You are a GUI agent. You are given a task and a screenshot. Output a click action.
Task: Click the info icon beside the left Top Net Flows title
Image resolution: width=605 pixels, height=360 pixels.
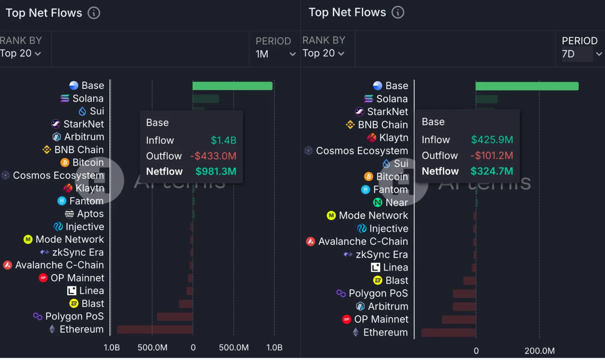point(93,13)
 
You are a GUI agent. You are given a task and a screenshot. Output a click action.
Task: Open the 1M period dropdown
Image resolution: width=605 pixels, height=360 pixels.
point(275,54)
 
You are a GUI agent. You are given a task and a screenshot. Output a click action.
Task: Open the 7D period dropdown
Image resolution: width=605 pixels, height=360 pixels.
point(581,54)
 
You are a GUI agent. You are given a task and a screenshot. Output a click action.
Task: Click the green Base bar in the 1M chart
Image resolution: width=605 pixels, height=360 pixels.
point(232,86)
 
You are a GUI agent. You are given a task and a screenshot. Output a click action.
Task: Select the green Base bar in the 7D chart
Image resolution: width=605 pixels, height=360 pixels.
point(527,86)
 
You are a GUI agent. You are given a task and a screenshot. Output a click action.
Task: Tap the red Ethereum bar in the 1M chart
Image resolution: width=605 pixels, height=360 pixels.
point(155,329)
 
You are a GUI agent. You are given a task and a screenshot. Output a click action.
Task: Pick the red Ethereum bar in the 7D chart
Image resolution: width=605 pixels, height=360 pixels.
point(448,332)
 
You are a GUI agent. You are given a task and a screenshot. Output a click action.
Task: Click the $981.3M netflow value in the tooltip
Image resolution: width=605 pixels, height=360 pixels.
point(216,171)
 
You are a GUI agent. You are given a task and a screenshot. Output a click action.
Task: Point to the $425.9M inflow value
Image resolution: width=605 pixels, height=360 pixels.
point(492,140)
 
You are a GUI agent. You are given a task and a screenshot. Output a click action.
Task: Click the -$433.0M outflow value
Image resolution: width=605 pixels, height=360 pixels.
point(213,156)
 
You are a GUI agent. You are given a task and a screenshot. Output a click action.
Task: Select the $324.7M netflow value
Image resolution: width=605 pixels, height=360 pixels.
point(492,171)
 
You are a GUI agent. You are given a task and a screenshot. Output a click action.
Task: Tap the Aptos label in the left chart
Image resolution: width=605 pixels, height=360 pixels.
point(90,214)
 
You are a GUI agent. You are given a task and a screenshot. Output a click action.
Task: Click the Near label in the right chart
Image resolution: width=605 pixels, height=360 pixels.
point(396,202)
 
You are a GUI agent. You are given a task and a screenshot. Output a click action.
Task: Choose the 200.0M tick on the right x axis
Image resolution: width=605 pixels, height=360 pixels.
point(539,351)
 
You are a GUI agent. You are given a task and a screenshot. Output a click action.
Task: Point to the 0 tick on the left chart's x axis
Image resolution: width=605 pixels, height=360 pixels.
point(193,347)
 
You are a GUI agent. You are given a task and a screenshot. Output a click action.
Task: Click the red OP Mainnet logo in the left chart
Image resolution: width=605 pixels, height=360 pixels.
point(43,278)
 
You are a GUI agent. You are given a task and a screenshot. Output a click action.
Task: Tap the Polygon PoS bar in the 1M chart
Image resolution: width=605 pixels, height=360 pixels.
point(175,317)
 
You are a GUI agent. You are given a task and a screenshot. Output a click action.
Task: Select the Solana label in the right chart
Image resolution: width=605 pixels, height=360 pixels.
point(392,99)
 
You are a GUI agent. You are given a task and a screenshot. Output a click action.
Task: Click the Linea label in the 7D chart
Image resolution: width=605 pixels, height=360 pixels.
point(395,267)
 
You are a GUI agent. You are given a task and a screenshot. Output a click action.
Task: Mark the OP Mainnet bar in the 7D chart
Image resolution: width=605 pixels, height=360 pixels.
point(459,319)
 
